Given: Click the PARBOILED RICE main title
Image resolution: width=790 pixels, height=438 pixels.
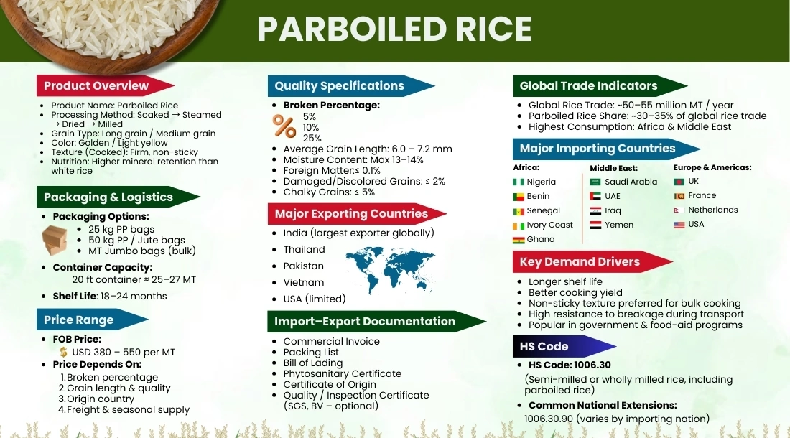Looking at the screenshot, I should [x=394, y=29].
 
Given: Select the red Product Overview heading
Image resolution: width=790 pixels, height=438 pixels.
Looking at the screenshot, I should [x=96, y=85].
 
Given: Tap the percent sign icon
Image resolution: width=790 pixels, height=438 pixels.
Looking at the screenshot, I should [x=284, y=126].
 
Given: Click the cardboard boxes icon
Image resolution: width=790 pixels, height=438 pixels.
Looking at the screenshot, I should [x=55, y=240].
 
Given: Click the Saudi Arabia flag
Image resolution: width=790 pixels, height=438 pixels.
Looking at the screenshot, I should [x=595, y=182].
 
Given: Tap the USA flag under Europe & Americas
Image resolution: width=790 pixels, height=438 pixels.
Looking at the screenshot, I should [x=679, y=225].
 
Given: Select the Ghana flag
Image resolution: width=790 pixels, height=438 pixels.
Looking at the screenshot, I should [x=519, y=240].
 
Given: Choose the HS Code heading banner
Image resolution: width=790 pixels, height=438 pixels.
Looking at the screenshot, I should [x=544, y=346].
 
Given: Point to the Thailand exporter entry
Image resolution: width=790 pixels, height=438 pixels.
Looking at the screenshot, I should [x=304, y=249].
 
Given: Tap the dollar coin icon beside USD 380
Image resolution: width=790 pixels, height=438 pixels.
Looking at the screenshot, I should [x=64, y=352].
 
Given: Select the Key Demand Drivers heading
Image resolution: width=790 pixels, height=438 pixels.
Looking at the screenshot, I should [x=580, y=261].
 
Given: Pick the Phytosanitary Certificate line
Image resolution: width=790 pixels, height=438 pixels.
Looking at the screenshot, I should [x=342, y=373].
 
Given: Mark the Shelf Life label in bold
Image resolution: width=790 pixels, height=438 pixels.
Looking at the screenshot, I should [x=74, y=296].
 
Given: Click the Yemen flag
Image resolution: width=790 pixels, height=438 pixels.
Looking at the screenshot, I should [x=595, y=225].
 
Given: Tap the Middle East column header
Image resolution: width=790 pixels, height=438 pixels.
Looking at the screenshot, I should [x=613, y=168].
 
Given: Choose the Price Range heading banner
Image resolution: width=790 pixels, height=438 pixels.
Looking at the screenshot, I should [x=79, y=320].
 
